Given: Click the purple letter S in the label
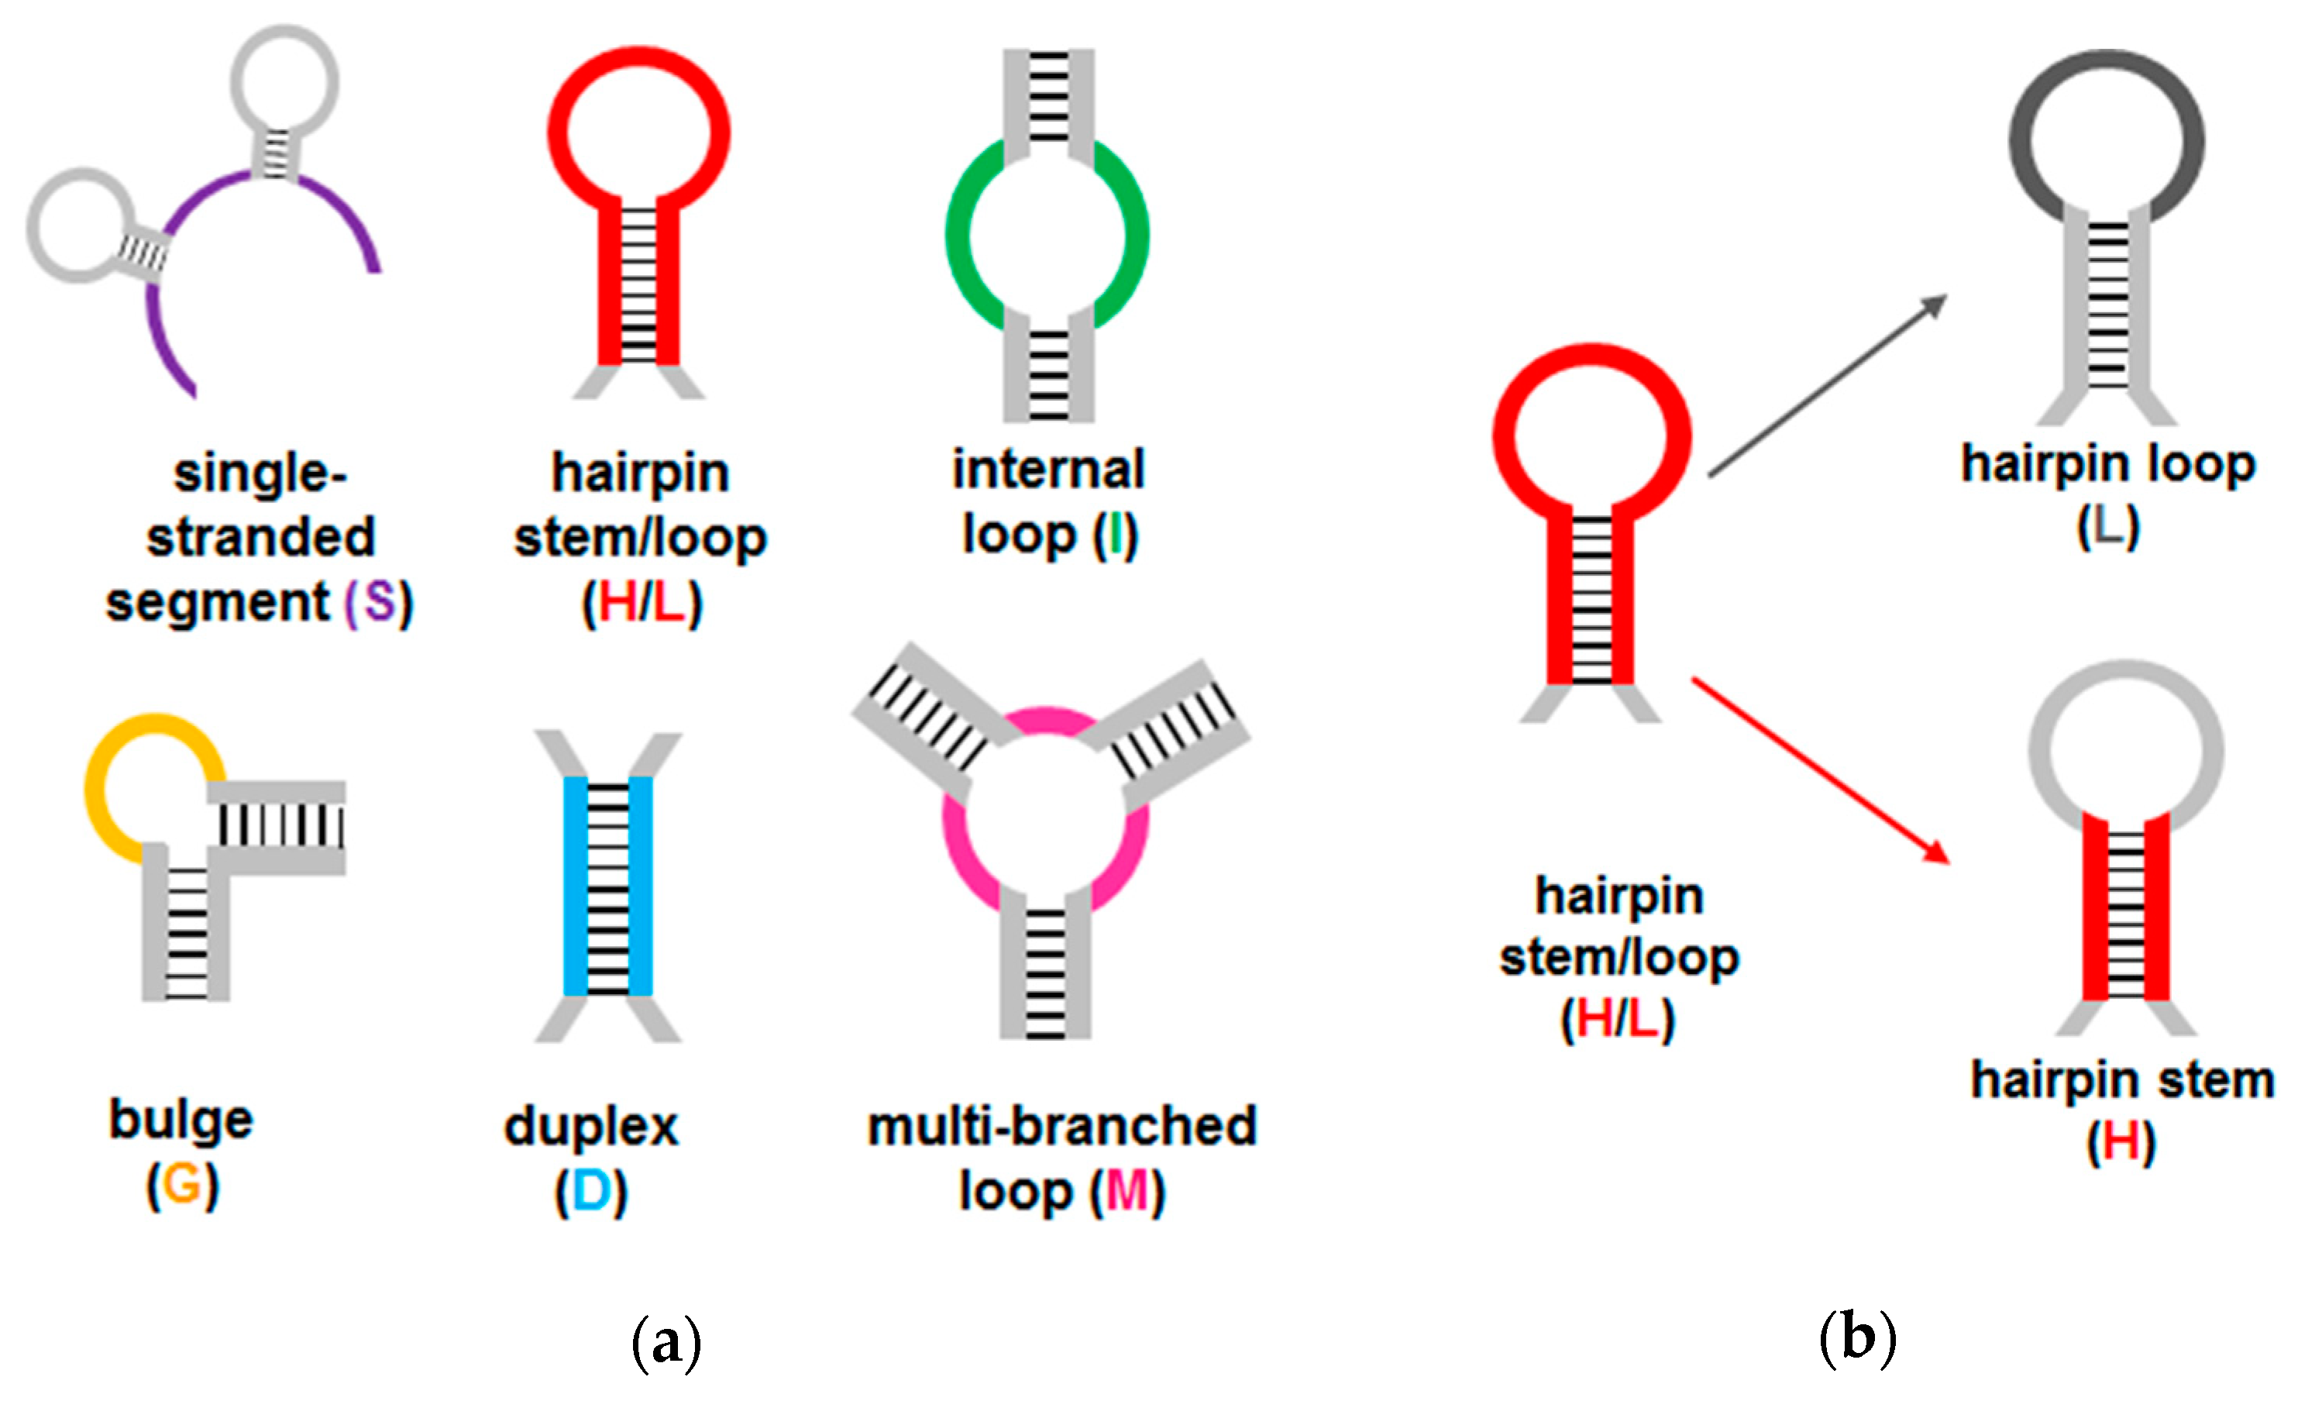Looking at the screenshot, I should point(379,603).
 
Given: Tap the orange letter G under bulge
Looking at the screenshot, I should point(182,1185).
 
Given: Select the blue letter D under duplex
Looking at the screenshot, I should point(591,1191).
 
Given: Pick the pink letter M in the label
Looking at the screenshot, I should point(1127,1191).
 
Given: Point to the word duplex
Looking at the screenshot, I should point(591,1127).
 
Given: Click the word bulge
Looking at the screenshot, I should point(181,1119).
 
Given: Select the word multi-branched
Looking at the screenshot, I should point(1061,1127).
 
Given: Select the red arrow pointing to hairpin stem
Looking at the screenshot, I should point(1818,769).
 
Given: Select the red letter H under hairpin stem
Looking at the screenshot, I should point(2121,1141).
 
